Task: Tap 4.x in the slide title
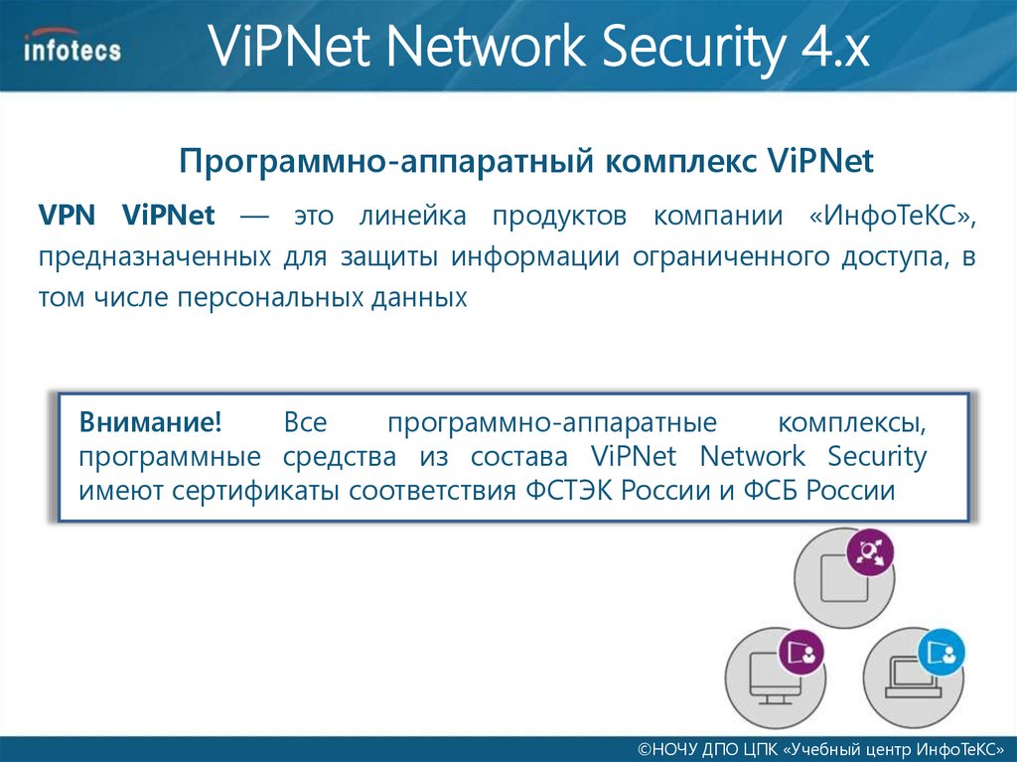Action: pyautogui.click(x=830, y=51)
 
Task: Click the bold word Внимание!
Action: pyautogui.click(x=151, y=423)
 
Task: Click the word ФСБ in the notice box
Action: pyautogui.click(x=770, y=490)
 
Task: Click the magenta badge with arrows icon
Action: pyautogui.click(x=870, y=554)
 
